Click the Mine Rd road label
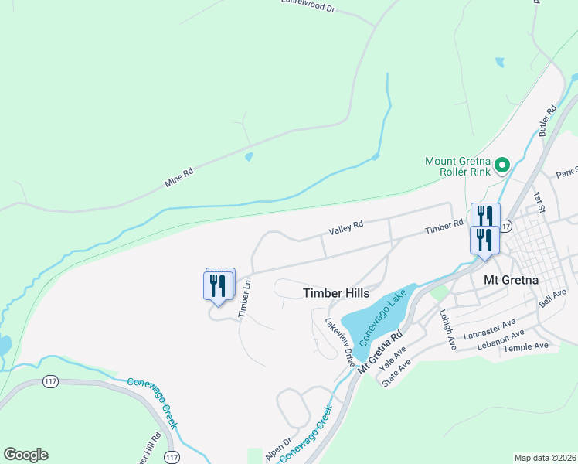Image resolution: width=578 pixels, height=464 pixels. tap(178, 179)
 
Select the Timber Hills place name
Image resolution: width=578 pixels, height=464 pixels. tap(336, 293)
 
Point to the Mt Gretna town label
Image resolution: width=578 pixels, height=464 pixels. tap(510, 279)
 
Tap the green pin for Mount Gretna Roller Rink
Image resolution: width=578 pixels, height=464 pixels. tap(501, 164)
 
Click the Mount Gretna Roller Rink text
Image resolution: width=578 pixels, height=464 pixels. tap(457, 167)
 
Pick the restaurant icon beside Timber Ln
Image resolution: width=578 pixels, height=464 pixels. tap(219, 285)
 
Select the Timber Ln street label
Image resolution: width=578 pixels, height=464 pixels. tap(246, 298)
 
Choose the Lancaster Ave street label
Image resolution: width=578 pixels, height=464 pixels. tap(489, 329)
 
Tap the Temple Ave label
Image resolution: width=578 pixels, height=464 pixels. tap(525, 347)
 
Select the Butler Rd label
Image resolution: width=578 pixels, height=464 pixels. tap(549, 121)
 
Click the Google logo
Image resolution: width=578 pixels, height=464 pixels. tap(25, 455)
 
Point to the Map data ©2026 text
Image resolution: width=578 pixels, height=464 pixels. tap(545, 458)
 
